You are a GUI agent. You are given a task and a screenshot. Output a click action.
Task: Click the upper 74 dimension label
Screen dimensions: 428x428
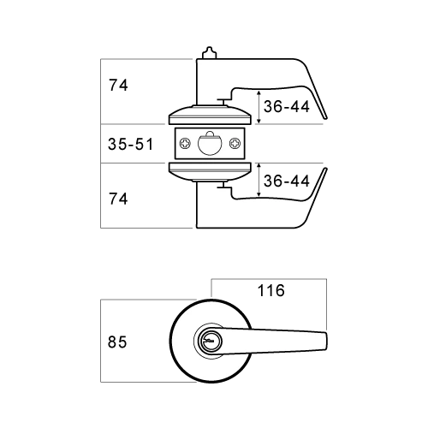click(119, 86)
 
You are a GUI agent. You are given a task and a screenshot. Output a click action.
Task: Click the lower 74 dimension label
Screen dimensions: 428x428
click(119, 199)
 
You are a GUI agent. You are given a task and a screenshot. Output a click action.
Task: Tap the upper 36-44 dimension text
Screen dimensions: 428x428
click(286, 107)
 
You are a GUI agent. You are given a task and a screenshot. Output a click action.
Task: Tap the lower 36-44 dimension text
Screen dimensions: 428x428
click(286, 181)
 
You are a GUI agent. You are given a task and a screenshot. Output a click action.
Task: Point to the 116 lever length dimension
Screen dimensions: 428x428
click(270, 291)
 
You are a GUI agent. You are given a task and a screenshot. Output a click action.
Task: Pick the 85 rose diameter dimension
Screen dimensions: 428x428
click(118, 342)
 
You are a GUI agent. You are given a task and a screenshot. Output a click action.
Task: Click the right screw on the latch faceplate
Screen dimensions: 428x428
click(237, 144)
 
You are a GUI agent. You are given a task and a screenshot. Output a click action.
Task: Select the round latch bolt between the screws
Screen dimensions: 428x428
click(210, 144)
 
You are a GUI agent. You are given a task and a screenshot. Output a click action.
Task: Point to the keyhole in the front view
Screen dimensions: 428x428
click(208, 341)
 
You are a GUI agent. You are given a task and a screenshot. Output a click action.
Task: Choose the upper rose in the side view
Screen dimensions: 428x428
click(211, 116)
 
